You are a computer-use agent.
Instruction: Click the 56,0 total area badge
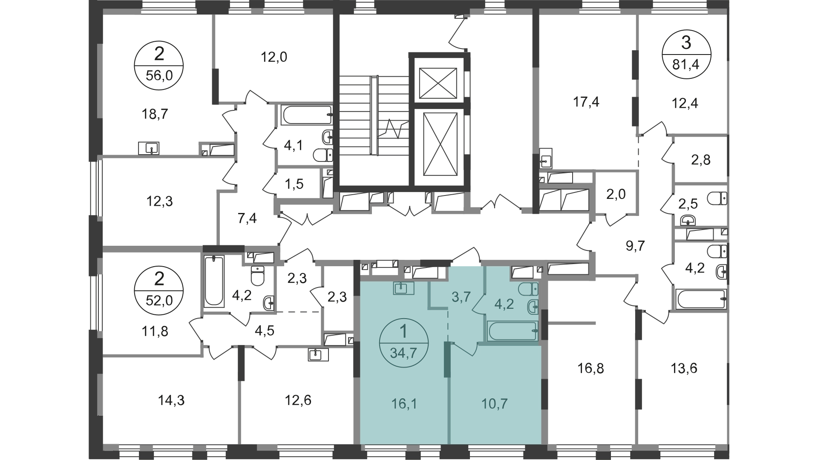point(159,66)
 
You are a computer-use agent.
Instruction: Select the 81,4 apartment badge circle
point(686,54)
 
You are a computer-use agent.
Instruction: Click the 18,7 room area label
point(154,114)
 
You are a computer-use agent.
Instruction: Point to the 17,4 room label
point(586,102)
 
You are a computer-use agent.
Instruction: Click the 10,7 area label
point(495,403)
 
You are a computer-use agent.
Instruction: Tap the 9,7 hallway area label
point(636,246)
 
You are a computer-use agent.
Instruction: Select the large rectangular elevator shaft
point(441,144)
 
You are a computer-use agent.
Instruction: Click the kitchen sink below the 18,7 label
point(149,148)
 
